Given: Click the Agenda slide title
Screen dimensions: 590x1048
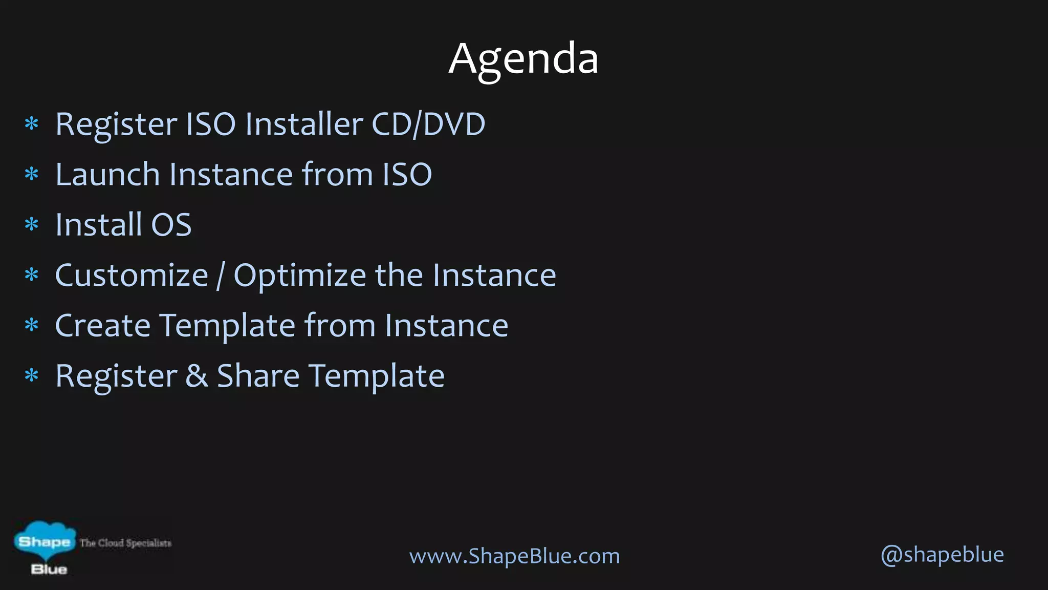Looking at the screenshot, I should click(x=523, y=59).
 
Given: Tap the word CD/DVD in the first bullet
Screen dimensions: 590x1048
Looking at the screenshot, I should click(x=428, y=124).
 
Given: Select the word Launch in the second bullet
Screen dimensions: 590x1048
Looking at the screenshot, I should click(x=107, y=175).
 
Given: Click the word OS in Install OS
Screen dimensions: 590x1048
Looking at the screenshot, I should click(x=171, y=225).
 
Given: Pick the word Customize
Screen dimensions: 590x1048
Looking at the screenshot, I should click(x=132, y=276).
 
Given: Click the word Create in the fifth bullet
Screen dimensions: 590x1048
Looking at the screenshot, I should click(x=102, y=326).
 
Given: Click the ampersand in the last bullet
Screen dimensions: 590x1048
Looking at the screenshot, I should click(x=196, y=376).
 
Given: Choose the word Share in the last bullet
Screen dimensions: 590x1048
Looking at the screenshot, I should click(x=258, y=376).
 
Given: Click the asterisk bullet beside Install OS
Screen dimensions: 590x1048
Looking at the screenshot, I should click(x=32, y=225).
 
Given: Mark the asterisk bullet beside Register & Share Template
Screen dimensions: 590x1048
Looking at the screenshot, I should click(x=32, y=376).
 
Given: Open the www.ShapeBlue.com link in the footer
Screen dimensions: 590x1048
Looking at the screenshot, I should click(x=514, y=556).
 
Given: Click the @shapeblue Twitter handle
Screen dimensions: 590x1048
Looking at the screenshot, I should click(x=942, y=555).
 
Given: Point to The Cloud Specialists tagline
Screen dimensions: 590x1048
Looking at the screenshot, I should click(x=125, y=543).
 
